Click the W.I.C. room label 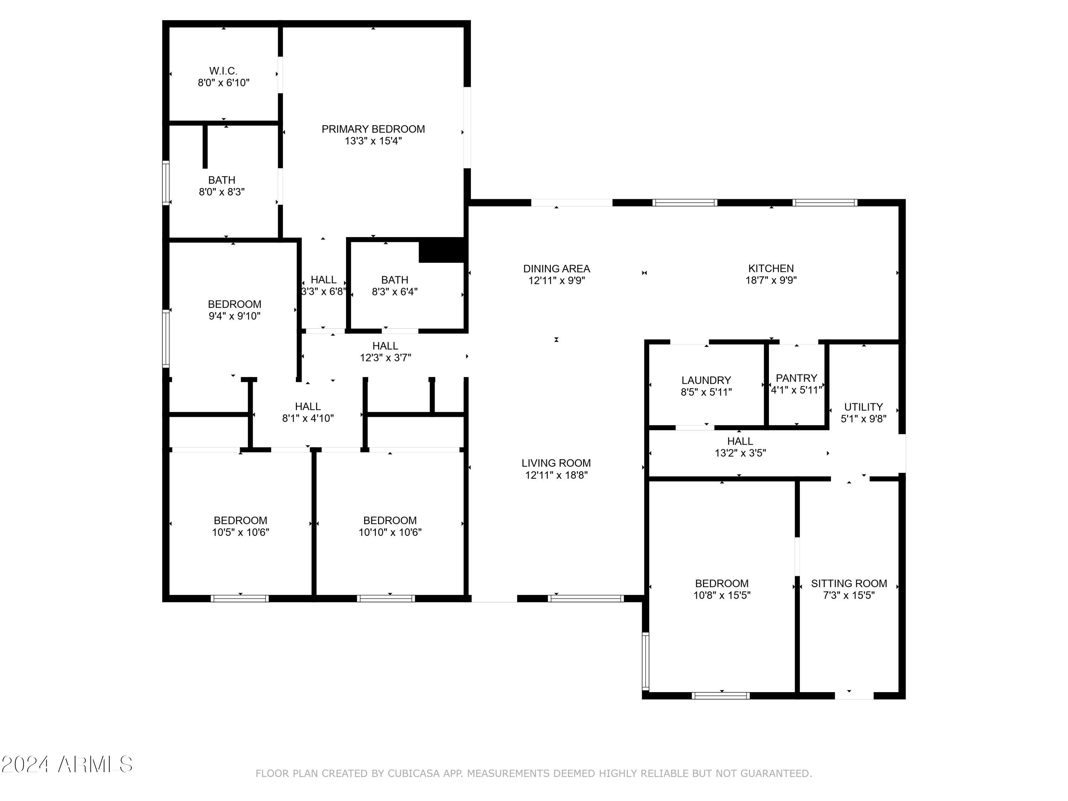[223, 71]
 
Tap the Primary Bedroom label [373, 129]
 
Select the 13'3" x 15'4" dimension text [373, 141]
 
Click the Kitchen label [771, 268]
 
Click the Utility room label [863, 407]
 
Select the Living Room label [556, 463]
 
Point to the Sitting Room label [849, 583]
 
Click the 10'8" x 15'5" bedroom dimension [722, 595]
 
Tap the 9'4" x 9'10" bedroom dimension [235, 316]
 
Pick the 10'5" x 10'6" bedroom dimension [240, 532]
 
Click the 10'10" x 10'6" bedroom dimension [390, 532]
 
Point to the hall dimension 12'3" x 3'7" [385, 358]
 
